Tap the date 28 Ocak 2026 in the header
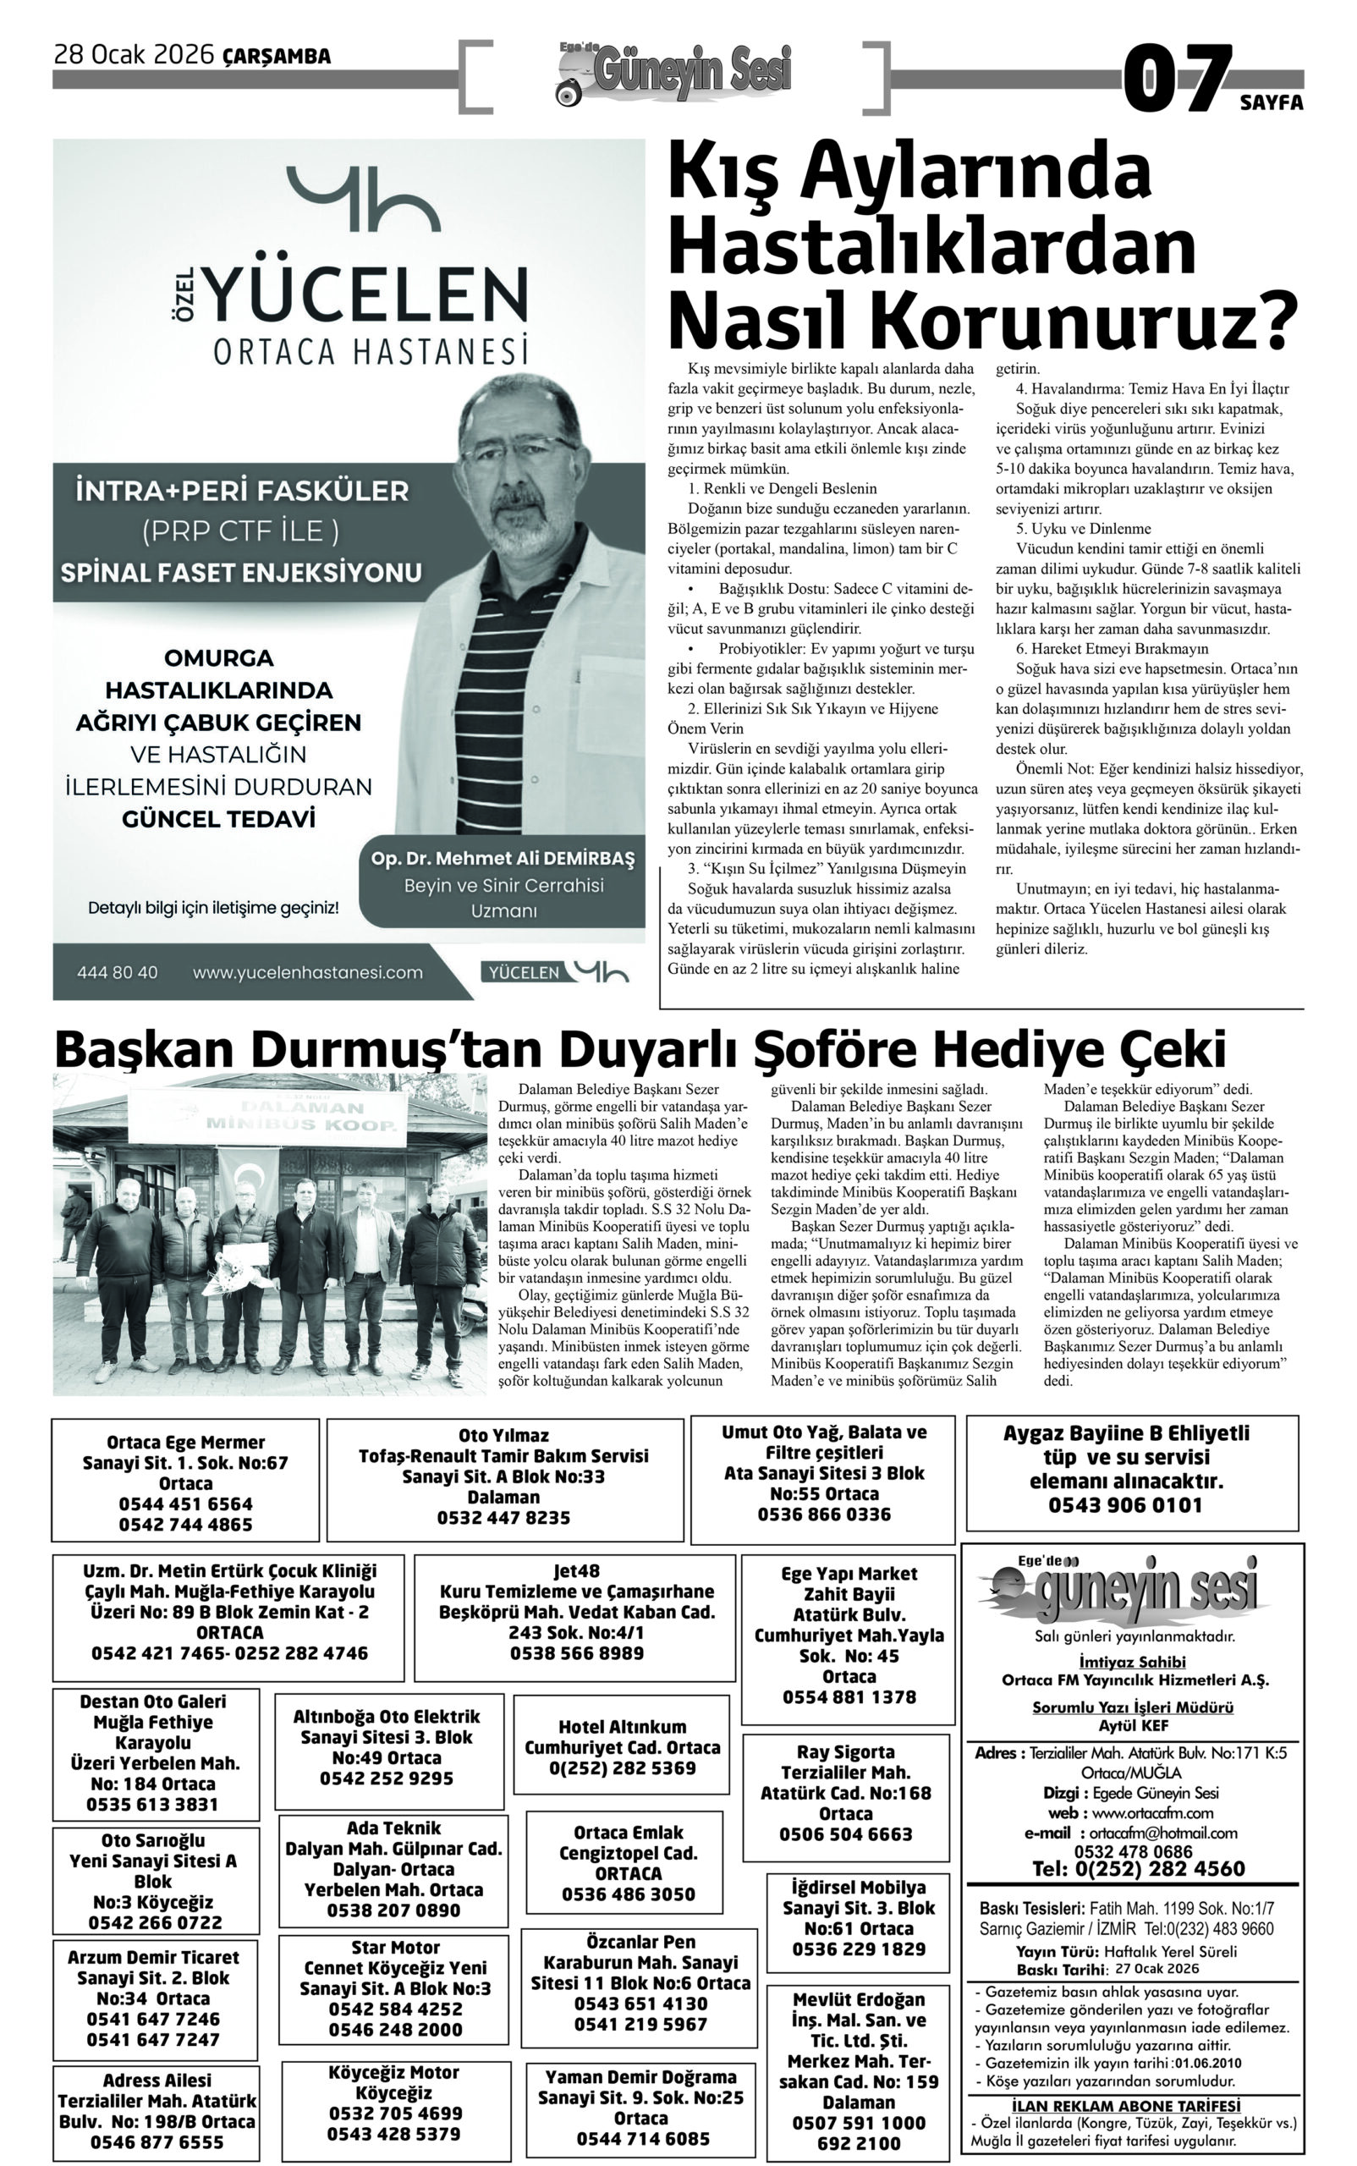135,56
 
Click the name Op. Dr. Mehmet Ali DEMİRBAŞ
503,859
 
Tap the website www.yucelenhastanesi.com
307,972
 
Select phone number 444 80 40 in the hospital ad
118,972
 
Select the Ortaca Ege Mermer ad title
186,1443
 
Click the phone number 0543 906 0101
1125,1504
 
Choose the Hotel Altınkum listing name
622,1726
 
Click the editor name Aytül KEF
1133,1726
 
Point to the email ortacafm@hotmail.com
1156,1833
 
